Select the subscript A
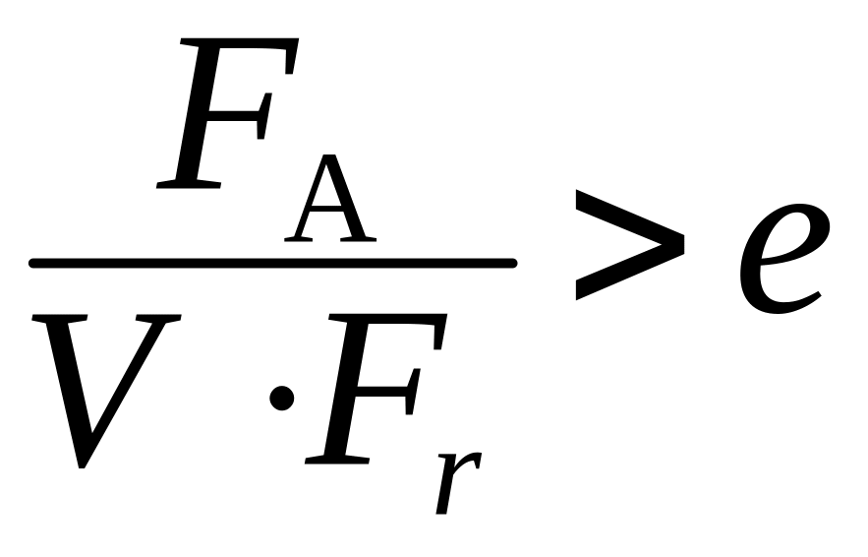[330, 202]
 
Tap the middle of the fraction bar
[272, 263]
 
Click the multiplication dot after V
[283, 397]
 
